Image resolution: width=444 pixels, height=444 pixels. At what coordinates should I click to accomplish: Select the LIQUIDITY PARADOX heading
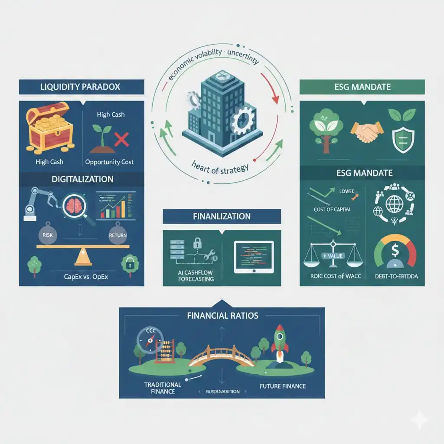pos(82,87)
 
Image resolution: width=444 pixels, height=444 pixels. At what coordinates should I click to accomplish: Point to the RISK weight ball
pos(47,234)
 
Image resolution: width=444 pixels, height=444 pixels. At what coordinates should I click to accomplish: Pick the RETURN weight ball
pos(118,234)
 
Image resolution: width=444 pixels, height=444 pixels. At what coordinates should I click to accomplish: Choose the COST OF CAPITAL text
pos(332,209)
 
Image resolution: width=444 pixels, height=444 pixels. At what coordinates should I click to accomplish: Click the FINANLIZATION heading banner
pos(222,216)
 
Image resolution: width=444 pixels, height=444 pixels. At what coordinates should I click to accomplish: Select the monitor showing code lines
pos(254,256)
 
